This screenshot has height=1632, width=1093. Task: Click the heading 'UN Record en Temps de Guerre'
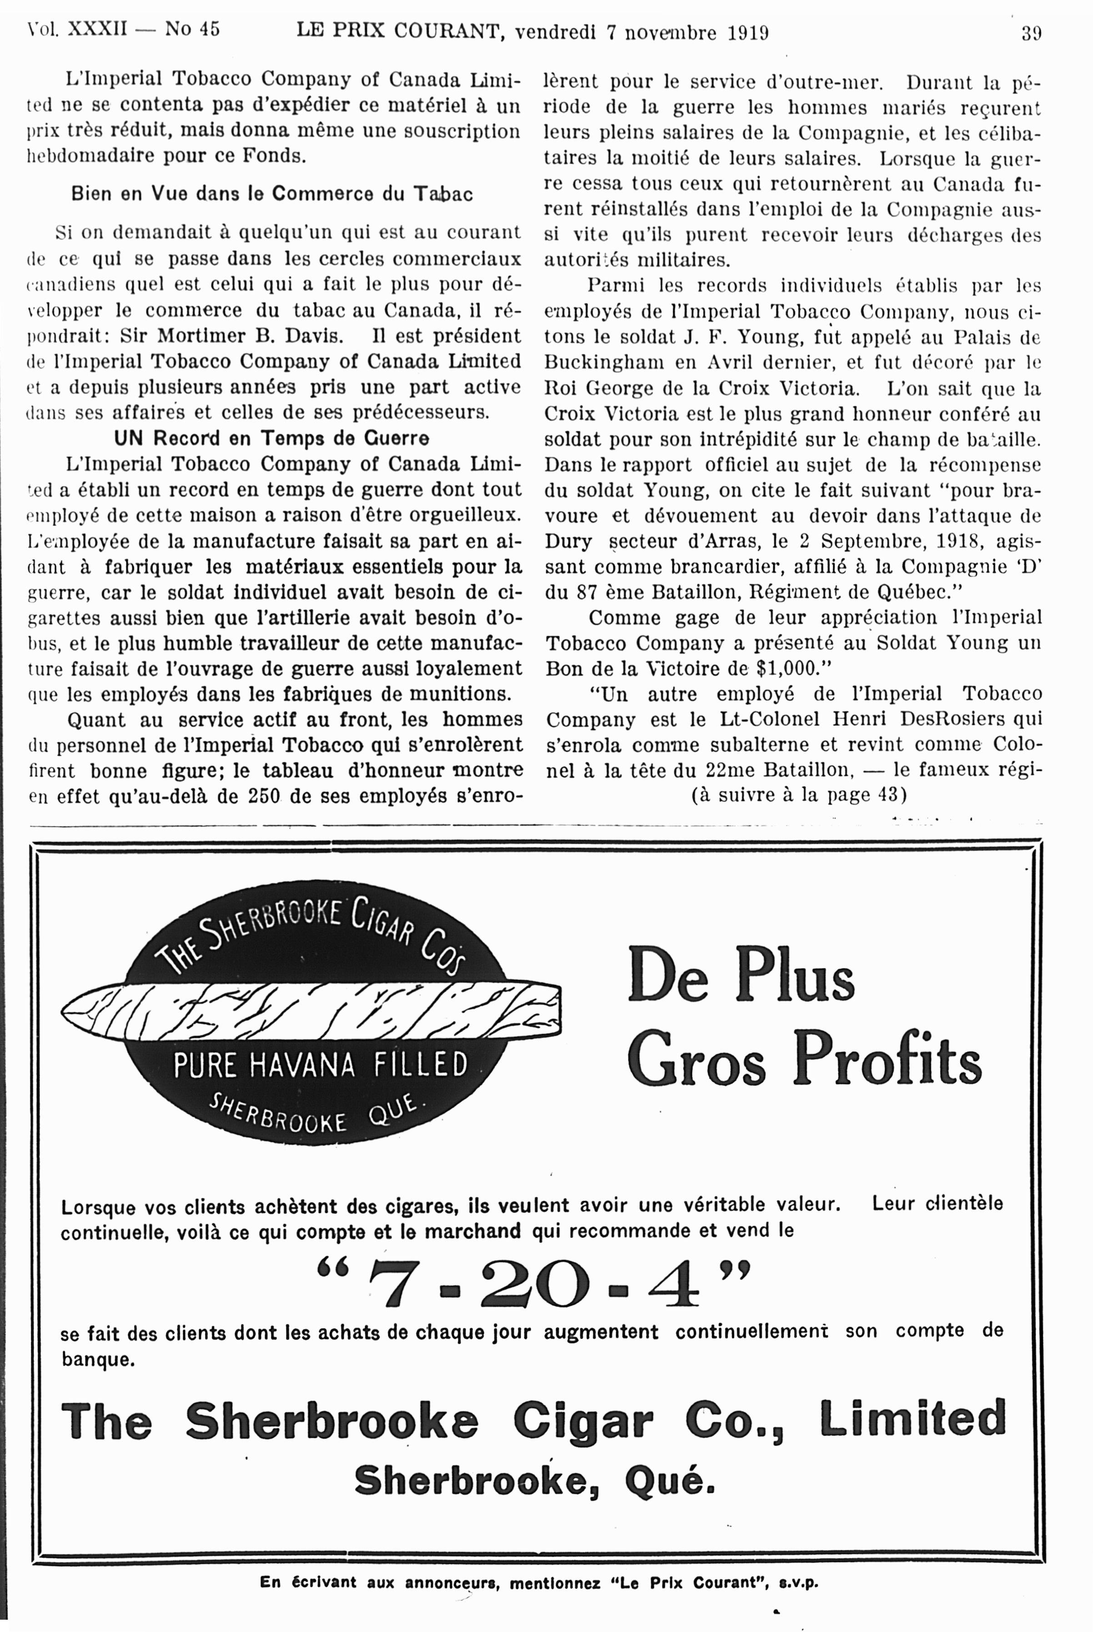click(x=272, y=438)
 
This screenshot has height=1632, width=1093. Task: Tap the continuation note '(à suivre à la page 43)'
click(x=798, y=795)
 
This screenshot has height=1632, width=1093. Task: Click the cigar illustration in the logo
click(x=311, y=1008)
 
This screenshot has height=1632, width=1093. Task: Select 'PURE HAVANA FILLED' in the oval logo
click(x=320, y=1065)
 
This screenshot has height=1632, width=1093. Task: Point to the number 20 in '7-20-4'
click(x=534, y=1284)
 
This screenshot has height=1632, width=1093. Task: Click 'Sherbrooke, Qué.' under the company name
click(x=534, y=1481)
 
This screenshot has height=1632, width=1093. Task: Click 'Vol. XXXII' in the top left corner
click(x=77, y=29)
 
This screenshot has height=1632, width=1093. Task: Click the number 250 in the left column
click(x=263, y=796)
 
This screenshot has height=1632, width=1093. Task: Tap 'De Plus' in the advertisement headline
click(x=740, y=974)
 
